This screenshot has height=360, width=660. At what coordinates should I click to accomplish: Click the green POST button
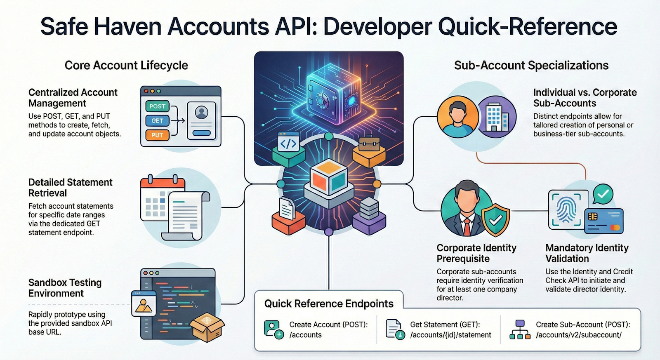coord(157,106)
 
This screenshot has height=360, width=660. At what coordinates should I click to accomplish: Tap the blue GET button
coord(157,121)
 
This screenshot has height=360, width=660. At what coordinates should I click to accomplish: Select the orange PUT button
coord(157,135)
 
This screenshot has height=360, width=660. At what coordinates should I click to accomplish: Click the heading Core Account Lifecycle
coord(126,66)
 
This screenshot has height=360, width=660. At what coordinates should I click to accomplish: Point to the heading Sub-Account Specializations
coord(531,66)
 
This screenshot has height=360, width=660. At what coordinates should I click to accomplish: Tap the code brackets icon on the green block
coord(288,143)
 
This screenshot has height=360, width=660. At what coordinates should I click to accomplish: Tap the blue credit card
coord(604,221)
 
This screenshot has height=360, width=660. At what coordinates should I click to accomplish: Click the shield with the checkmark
coord(495,219)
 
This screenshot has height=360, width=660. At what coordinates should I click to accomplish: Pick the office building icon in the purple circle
coord(497,117)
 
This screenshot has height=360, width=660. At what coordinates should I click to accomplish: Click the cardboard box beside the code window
coord(207,327)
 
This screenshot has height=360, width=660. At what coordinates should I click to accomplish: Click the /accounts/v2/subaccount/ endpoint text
coord(579,335)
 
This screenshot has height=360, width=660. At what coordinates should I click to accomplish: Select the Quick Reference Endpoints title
coord(329,304)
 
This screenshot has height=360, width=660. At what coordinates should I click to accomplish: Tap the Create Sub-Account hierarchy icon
coord(520,329)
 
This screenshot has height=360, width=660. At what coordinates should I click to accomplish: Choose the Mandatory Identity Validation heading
coord(587,253)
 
